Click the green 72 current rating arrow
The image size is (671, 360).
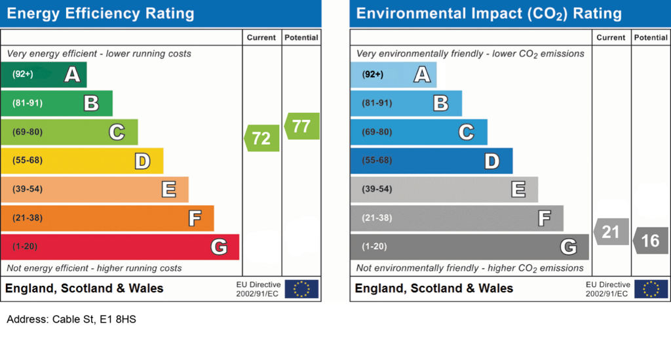pos(262,138)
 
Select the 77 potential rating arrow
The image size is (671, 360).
pos(302,127)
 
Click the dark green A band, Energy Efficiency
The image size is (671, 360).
pos(44,75)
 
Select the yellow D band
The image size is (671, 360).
pos(82,161)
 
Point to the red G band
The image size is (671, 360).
pos(120,247)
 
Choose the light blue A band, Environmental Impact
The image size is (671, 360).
pos(393,75)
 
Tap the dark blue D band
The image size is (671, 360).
pos(431,161)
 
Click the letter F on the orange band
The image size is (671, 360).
pos(195,218)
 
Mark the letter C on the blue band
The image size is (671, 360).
pos(467,132)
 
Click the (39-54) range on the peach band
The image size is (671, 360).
pos(28,189)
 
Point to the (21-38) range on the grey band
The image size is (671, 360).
pos(377,218)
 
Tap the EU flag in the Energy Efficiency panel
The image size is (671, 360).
pos(301,289)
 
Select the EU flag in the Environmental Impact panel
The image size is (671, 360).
pos(651,289)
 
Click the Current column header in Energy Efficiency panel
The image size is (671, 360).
pos(261,37)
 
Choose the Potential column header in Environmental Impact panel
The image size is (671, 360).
pos(651,37)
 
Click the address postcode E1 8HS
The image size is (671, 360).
pos(118,319)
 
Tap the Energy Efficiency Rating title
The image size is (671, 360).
pos(100,14)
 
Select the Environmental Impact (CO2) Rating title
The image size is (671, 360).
pos(489,14)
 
